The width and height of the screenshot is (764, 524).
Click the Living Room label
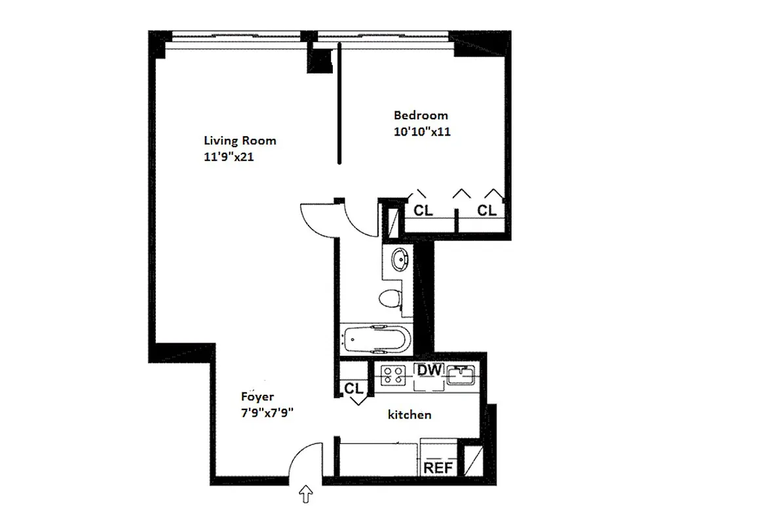[240, 140]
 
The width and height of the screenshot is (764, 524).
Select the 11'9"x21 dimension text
[229, 157]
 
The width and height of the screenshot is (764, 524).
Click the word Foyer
[257, 397]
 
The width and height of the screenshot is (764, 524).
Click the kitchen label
[410, 414]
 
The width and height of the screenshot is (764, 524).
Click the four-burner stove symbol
[394, 375]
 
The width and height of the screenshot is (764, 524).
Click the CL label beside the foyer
[354, 388]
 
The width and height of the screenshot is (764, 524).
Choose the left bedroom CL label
[423, 210]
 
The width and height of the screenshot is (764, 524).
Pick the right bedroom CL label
[486, 210]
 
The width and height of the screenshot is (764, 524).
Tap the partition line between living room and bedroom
[339, 105]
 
